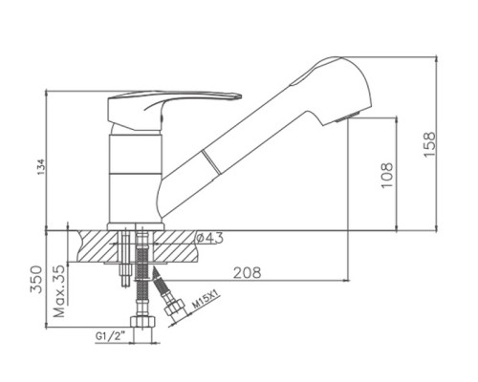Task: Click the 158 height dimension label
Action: click(429, 143)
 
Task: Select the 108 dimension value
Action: click(387, 175)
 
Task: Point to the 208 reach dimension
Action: click(248, 272)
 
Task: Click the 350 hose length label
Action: click(36, 279)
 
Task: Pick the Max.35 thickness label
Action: click(59, 291)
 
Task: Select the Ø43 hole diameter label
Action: click(209, 238)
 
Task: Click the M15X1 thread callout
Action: click(206, 301)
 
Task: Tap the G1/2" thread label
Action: click(110, 336)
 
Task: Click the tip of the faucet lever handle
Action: click(241, 95)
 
